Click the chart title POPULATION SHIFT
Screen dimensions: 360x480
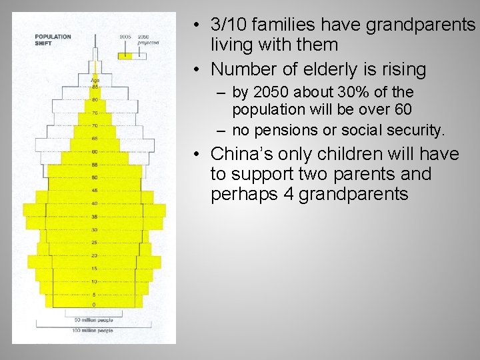click(x=53, y=40)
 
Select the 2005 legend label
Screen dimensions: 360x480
click(x=125, y=37)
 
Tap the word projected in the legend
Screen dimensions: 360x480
click(x=148, y=41)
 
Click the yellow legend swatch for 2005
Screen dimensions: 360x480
click(x=125, y=57)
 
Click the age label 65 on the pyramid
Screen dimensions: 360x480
click(x=95, y=139)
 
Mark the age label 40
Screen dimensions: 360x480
click(x=95, y=203)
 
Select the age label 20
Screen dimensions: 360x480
click(x=95, y=255)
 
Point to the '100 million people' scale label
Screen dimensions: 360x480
click(x=93, y=330)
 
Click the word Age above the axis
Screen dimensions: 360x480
click(x=95, y=81)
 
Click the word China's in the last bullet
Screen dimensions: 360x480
click(x=239, y=154)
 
